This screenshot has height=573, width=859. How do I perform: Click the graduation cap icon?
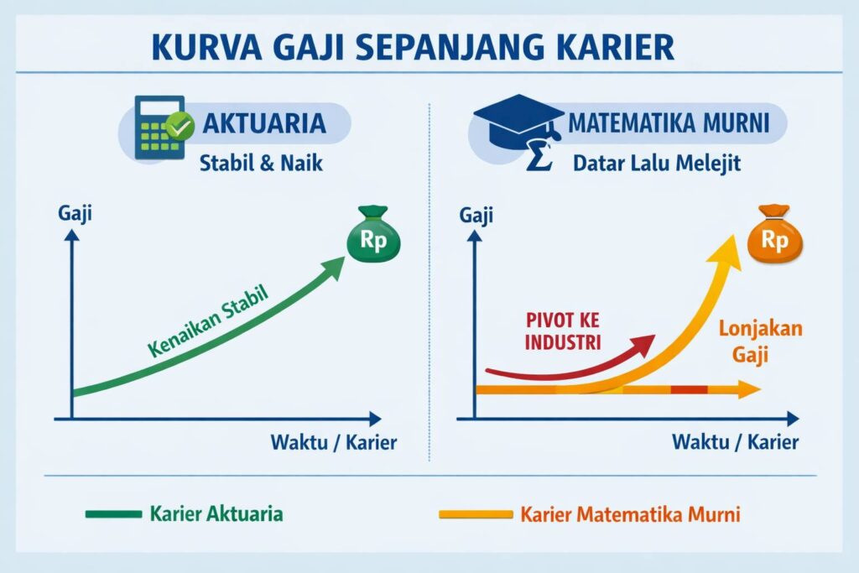(x=518, y=122)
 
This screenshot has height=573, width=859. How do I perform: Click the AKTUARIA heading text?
(x=264, y=122)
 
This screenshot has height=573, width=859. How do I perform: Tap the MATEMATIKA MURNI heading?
(x=669, y=122)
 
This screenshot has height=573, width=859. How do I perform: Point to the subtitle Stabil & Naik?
(x=261, y=163)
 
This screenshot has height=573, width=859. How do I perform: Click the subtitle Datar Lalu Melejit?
(x=657, y=164)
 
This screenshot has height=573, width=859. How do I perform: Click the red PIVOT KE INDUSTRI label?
(x=563, y=331)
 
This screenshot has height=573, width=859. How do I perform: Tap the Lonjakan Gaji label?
(x=760, y=341)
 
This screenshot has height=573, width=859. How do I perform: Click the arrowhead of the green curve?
(x=332, y=267)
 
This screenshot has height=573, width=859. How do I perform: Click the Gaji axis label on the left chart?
(x=75, y=214)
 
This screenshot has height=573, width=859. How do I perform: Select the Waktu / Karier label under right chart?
(x=735, y=441)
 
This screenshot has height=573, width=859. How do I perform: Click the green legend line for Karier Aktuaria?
(x=113, y=513)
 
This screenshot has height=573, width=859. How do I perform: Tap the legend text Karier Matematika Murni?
(x=630, y=514)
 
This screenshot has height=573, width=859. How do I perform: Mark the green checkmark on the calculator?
(x=180, y=127)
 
